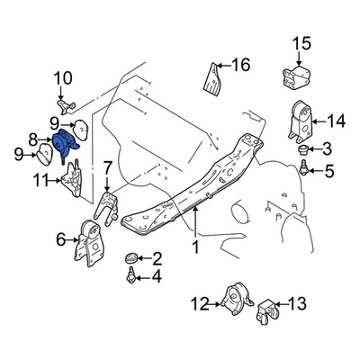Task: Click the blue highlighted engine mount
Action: (x=64, y=143)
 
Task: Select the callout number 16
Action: (x=239, y=64)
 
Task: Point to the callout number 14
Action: (x=336, y=121)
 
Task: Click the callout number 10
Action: (x=63, y=85)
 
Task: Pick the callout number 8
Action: (x=34, y=139)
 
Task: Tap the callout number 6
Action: (x=61, y=239)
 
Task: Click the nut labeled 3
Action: (x=305, y=148)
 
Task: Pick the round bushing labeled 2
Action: (x=131, y=258)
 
